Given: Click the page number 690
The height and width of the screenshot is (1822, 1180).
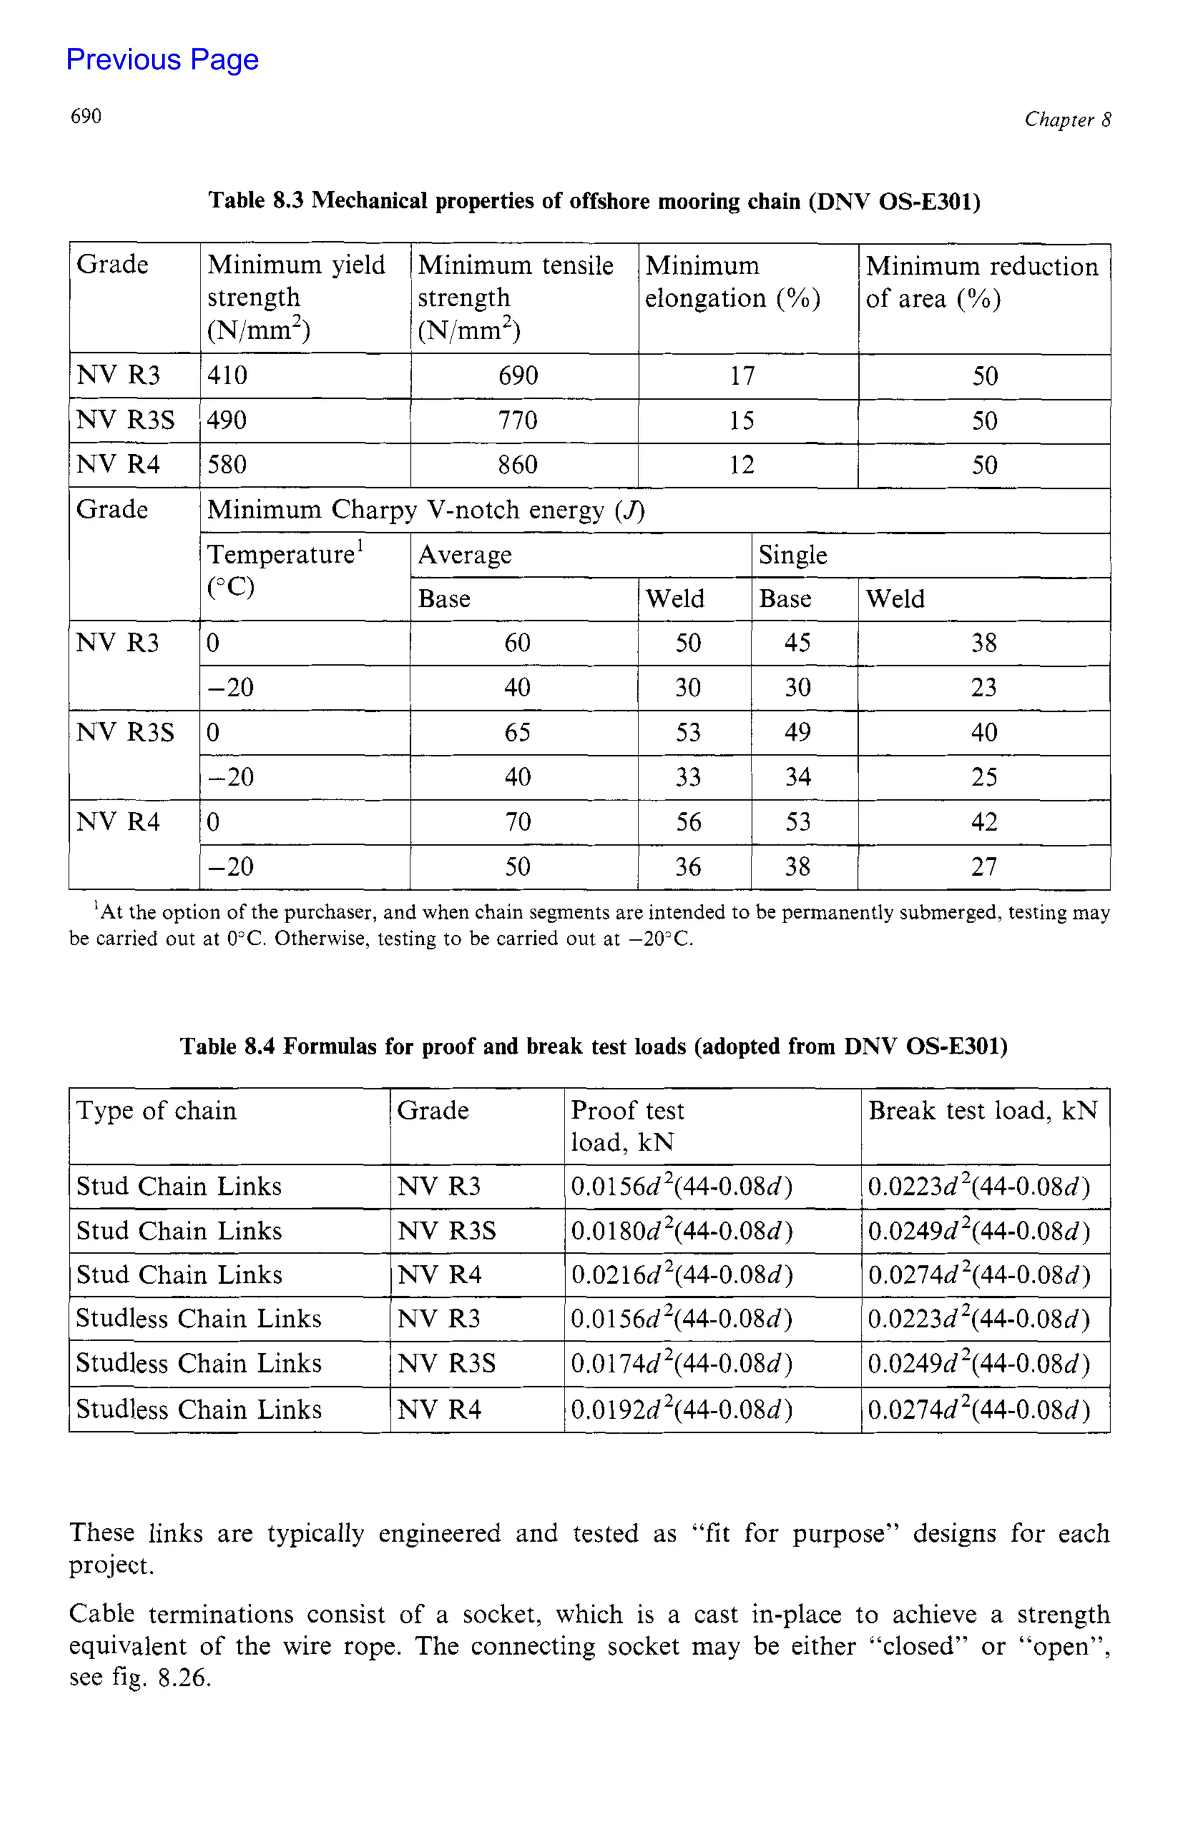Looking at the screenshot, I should tap(86, 116).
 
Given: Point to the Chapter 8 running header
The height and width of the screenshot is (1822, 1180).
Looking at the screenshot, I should tap(1066, 119).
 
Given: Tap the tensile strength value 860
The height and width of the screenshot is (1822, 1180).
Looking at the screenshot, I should tap(517, 465).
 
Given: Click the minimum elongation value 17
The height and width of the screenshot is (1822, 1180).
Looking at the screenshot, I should tap(741, 376).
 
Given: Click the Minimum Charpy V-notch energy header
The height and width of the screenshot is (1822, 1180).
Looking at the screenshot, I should tap(426, 510).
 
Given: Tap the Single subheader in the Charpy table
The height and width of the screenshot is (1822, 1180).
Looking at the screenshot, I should tap(793, 554).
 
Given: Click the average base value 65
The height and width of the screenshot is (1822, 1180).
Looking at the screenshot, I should tap(517, 732).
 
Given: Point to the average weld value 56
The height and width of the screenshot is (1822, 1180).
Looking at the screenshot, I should tap(687, 822).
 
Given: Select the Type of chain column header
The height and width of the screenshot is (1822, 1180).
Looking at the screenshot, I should tap(156, 1110).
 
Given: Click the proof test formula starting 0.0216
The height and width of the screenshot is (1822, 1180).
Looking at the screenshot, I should tap(680, 1274).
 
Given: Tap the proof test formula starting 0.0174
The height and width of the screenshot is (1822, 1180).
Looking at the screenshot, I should tap(680, 1364).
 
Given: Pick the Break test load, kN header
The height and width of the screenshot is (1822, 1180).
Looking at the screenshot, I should tap(982, 1110).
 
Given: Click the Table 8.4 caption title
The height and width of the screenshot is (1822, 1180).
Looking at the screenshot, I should tap(593, 1046).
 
